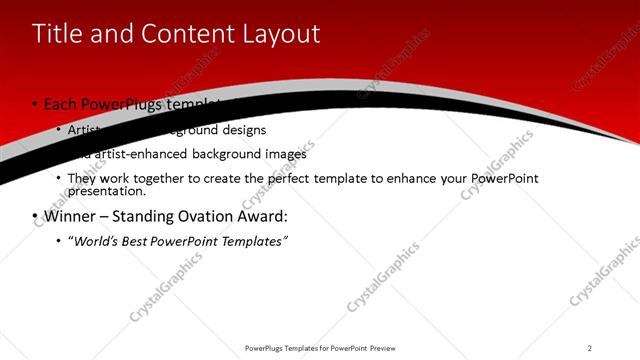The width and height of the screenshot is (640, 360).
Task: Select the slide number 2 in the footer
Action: point(589,347)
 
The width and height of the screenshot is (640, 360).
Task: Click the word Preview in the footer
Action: point(391,347)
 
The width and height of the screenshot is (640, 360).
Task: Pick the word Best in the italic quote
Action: point(136,241)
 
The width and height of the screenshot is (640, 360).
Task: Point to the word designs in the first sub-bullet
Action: point(244,129)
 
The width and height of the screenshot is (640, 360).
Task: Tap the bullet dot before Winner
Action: point(35,216)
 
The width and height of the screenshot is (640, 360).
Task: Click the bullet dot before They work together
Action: point(58,179)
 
